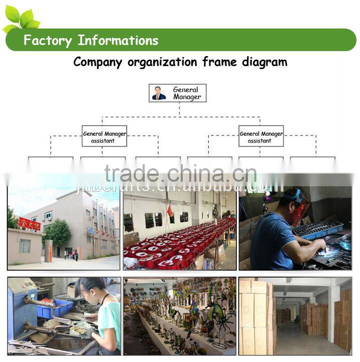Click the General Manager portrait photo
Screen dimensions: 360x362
point(159,93)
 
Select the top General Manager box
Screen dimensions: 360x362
point(177,93)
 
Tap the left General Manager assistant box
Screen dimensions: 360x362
point(104,136)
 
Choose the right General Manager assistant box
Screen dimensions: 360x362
point(261,136)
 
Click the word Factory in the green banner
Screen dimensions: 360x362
point(47,41)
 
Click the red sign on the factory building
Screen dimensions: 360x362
point(29,223)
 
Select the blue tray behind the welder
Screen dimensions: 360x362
point(318,229)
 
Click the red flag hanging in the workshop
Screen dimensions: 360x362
point(170,211)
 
